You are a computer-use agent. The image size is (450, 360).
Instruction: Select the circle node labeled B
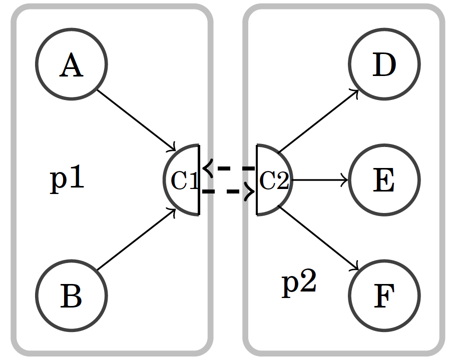click(x=71, y=295)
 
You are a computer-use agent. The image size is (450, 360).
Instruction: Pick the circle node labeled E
click(x=384, y=180)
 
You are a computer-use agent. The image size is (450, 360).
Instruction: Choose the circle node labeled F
click(x=384, y=295)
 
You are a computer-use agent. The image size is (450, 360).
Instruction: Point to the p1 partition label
click(x=67, y=178)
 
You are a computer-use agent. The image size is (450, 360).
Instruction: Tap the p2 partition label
click(x=299, y=283)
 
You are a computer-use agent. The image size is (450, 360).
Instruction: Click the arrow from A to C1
click(x=136, y=120)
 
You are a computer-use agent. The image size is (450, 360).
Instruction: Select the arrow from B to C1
click(x=136, y=240)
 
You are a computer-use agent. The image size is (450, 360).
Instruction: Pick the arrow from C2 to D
click(x=318, y=121)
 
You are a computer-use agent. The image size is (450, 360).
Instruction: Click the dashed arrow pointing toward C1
click(x=228, y=168)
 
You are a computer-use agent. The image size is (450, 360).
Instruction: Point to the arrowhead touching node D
click(x=355, y=93)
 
